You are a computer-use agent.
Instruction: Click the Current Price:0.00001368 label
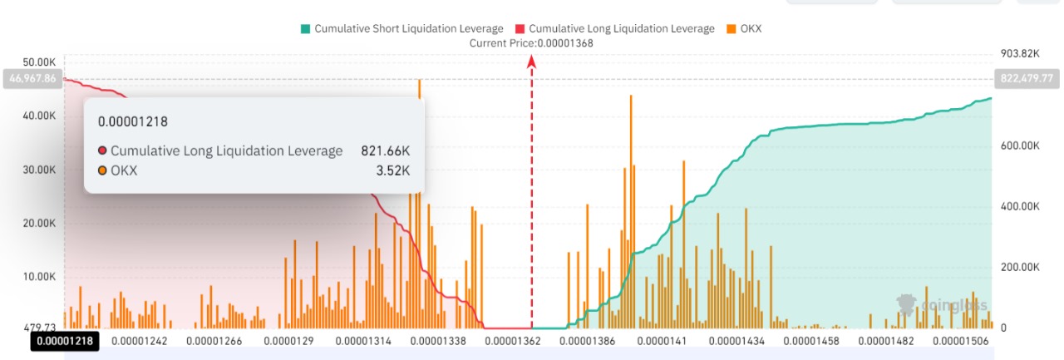531,42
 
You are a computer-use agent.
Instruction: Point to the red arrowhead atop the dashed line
532,61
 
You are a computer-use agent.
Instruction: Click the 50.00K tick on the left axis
38,62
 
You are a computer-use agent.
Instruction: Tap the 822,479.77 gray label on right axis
1023,78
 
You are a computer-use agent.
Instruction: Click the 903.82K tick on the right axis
1019,53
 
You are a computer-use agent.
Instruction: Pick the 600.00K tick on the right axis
1019,145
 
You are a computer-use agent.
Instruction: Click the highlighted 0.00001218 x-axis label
64,340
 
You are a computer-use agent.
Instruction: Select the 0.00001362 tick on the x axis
512,340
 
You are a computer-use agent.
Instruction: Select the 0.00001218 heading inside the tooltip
133,121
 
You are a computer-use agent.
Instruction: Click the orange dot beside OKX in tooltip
102,170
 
